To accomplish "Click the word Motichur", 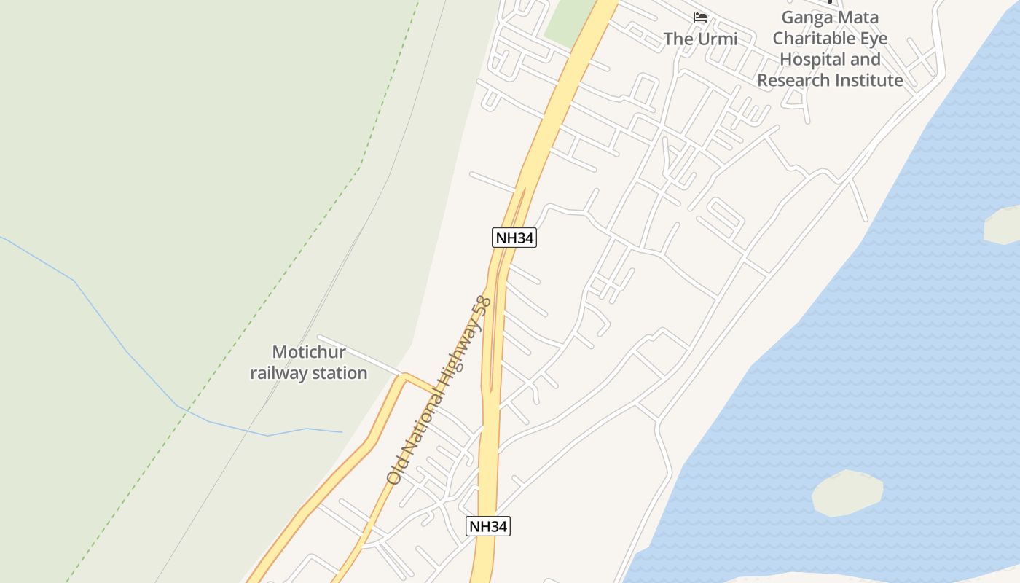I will point(309,352).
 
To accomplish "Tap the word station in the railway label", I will point(337,373).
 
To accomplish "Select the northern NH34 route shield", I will point(514,238).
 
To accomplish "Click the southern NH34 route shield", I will point(488,526).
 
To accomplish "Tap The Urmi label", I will point(700,39).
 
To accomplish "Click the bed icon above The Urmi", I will point(700,17).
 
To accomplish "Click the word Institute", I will point(870,80).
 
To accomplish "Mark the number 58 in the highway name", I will point(482,305).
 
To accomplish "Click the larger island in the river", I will point(847,493).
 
